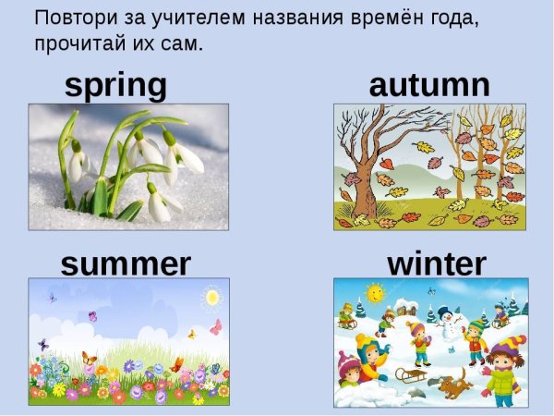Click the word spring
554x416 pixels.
pos(115,86)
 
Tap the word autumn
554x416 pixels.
pos(429,85)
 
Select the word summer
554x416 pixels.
pos(126,264)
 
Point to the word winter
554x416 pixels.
pos(436,264)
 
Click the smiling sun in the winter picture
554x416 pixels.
pos(374,293)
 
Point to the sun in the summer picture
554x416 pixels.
pos(213,298)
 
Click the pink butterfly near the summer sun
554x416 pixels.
pos(217,326)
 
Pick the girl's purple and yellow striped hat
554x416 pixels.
pos(506,346)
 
